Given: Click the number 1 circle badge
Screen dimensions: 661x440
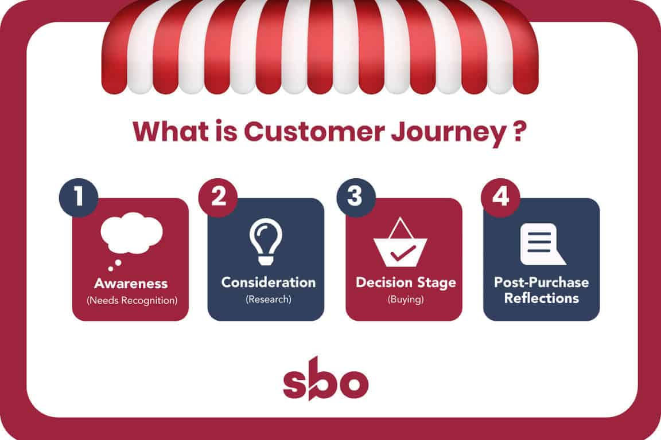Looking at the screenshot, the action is pyautogui.click(x=79, y=198).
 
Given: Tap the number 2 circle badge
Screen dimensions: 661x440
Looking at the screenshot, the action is pyautogui.click(x=218, y=198).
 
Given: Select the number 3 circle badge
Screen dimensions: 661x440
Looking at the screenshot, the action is pyautogui.click(x=356, y=198).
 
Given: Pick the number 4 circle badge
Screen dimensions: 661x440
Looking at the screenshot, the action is pyautogui.click(x=500, y=198).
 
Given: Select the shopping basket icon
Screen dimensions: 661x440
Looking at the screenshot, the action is pyautogui.click(x=401, y=242).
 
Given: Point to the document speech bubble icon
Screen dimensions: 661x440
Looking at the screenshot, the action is pyautogui.click(x=543, y=244).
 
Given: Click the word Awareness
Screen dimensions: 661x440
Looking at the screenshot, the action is pyautogui.click(x=131, y=284).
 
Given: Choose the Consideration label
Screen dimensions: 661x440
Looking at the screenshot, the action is pyautogui.click(x=269, y=282).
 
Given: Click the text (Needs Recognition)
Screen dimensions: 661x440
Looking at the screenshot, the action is pyautogui.click(x=132, y=300).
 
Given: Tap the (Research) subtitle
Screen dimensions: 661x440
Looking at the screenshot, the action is pyautogui.click(x=269, y=299).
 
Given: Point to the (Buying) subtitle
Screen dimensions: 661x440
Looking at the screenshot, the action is pyautogui.click(x=406, y=299).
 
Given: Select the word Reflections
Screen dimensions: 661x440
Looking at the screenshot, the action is pyautogui.click(x=542, y=298).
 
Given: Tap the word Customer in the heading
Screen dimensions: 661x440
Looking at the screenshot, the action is pyautogui.click(x=314, y=131).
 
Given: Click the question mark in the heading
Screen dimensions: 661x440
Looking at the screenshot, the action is pyautogui.click(x=520, y=131).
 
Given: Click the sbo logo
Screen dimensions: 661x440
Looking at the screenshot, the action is pyautogui.click(x=325, y=379).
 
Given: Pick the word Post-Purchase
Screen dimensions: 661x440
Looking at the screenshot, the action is pyautogui.click(x=541, y=282).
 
